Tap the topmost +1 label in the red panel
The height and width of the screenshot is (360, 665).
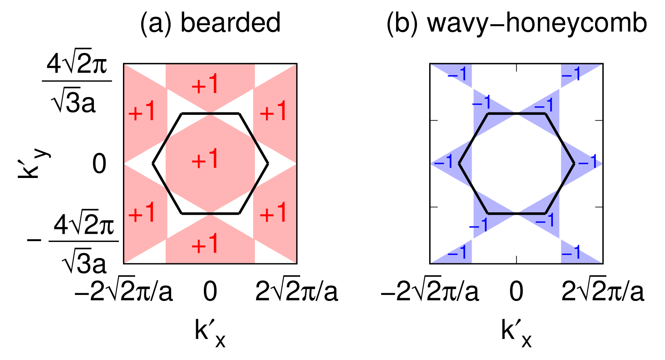pyautogui.click(x=205, y=85)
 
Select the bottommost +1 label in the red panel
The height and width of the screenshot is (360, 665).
pyautogui.click(x=205, y=244)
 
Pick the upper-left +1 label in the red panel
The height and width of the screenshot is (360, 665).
pyautogui.click(x=142, y=111)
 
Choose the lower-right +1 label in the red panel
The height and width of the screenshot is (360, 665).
pyautogui.click(x=273, y=212)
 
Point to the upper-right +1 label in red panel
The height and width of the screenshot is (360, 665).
pyautogui.click(x=273, y=111)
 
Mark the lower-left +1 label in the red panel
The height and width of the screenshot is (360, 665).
pyautogui.click(x=142, y=212)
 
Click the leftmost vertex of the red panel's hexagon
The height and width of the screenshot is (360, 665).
pyautogui.click(x=153, y=163)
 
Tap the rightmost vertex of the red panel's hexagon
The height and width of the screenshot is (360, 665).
pyautogui.click(x=268, y=163)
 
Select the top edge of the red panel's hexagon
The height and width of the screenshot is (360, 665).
pyautogui.click(x=210, y=114)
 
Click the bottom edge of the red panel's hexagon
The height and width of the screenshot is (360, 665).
pyautogui.click(x=210, y=213)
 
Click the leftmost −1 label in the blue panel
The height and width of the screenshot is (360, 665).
pyautogui.click(x=444, y=162)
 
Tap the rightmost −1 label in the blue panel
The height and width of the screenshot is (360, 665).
pyautogui.click(x=588, y=162)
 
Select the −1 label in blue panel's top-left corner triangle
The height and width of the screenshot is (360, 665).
pyautogui.click(x=458, y=74)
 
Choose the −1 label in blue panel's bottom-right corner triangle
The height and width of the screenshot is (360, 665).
pyautogui.click(x=572, y=252)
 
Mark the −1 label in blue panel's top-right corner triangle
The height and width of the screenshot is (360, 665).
pyautogui.click(x=572, y=74)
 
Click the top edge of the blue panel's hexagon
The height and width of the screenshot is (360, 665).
pyautogui.click(x=517, y=114)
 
